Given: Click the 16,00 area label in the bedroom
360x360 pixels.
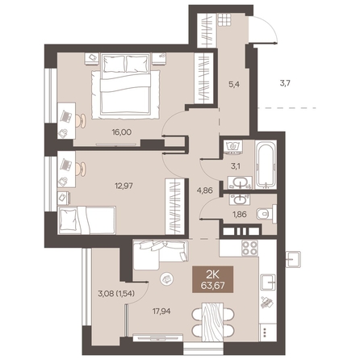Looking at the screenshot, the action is pos(122,132).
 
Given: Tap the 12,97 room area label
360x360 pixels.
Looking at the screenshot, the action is pos(123,186).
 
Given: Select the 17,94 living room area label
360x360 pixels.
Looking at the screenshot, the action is pos(161,312).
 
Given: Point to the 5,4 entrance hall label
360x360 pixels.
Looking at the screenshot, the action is pos(233,84).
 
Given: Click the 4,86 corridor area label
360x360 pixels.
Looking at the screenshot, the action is pos(204,190).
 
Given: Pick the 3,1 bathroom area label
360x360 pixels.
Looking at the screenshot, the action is pos(236,166).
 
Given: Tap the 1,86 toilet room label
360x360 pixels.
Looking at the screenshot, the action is pos(240,215).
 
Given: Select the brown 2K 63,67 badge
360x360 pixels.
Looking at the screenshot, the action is pos(213,279).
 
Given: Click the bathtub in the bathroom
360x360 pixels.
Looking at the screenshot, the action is pos(266,165).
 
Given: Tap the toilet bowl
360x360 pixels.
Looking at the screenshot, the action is pos(265,214).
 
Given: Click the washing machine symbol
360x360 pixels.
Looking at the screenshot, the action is pos(233,147).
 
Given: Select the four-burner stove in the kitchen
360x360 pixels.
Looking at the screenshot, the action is pos(249,248).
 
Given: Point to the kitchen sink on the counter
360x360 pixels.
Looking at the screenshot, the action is pos(268,283).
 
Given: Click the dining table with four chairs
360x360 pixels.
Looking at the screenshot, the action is pos(212,322).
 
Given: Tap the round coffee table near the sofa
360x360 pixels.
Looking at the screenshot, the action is pos(166,278).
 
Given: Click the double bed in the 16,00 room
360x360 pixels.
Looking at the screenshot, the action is pos(126,86).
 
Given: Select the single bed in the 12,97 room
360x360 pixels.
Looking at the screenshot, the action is pos(87,220).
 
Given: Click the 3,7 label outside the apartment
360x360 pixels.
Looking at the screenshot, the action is pos(286,83).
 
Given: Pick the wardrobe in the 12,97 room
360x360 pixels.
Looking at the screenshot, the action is pos(174,206).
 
